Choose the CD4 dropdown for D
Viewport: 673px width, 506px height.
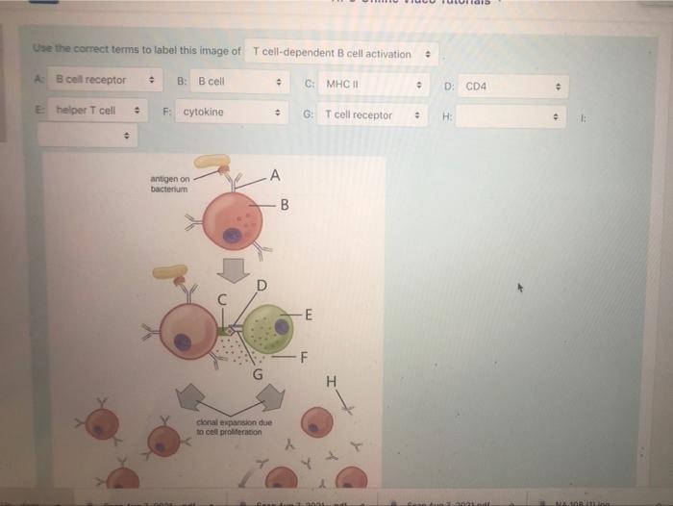pos(514,87)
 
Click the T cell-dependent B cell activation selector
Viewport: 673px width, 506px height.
pos(342,53)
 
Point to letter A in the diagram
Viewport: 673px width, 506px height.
pos(276,174)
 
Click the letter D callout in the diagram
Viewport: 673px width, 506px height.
pos(261,284)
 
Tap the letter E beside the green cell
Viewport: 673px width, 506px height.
pos(308,313)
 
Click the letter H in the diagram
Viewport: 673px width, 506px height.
pos(332,382)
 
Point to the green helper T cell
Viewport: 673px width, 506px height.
pos(267,328)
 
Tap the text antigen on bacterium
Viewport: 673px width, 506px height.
pos(170,184)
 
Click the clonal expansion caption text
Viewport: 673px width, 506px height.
pos(234,426)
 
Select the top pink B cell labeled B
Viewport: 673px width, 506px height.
pos(232,220)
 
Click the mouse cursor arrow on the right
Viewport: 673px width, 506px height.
pos(523,286)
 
